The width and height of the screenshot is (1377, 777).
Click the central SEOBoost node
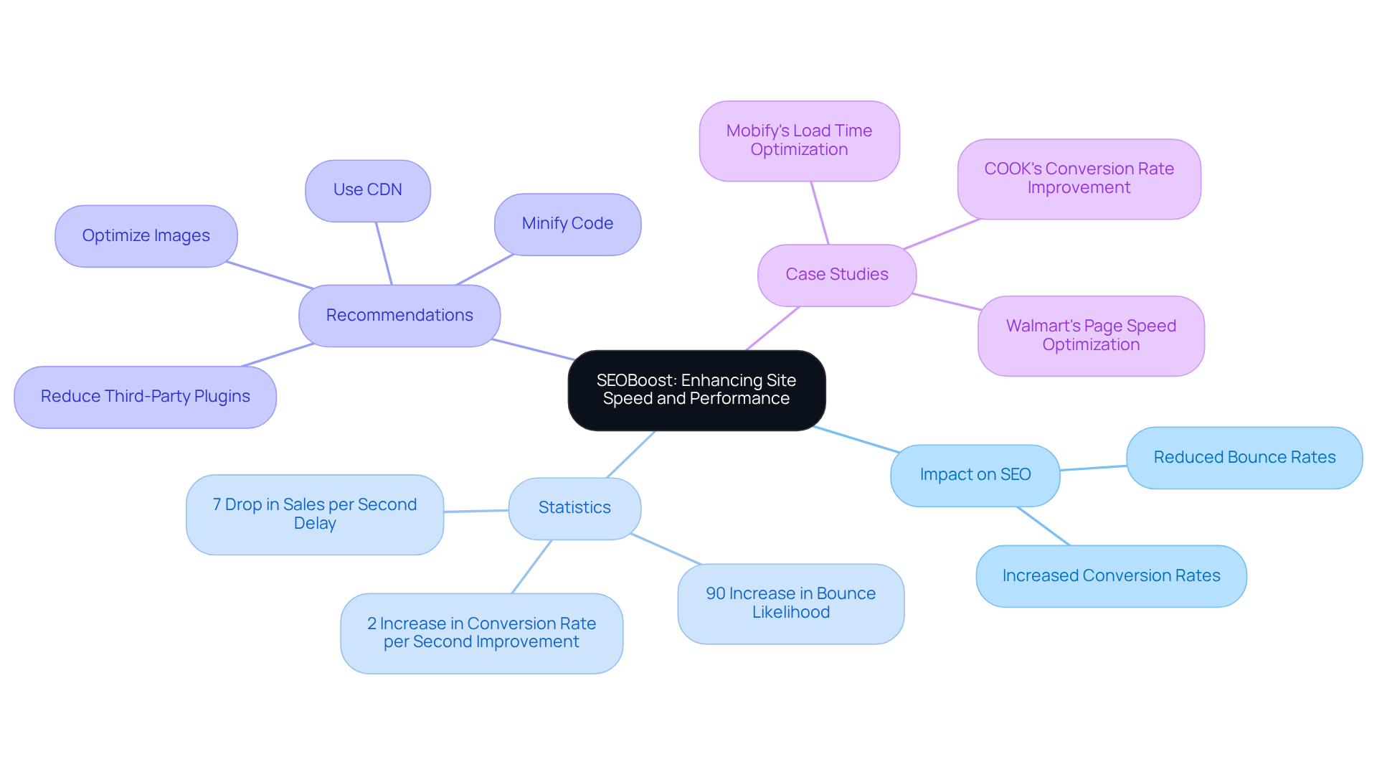(696, 390)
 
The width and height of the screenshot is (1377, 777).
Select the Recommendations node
(399, 316)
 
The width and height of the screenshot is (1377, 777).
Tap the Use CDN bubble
(368, 190)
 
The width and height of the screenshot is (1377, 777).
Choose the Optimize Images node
(146, 236)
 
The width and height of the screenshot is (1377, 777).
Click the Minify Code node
(567, 224)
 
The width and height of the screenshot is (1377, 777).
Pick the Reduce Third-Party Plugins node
(146, 397)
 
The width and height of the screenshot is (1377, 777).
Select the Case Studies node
(836, 275)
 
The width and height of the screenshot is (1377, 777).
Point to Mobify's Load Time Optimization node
(799, 141)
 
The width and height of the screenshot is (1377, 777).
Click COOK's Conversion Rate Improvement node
(1079, 179)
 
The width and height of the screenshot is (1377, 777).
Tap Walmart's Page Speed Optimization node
(1091, 336)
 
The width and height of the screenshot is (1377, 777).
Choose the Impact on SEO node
(975, 475)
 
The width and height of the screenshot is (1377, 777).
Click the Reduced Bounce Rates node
(1244, 458)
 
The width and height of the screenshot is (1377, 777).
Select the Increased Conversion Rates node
(1111, 576)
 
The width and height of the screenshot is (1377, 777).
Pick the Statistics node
(574, 508)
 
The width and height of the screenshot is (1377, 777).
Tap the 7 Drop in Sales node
(315, 514)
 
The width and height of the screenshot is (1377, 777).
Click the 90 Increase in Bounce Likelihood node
(790, 603)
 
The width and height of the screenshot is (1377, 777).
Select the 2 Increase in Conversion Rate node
(481, 633)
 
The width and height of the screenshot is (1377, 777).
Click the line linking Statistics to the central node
(631, 454)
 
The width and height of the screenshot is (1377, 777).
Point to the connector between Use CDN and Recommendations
(384, 253)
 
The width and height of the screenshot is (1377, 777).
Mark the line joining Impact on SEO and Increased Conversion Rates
(1044, 526)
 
